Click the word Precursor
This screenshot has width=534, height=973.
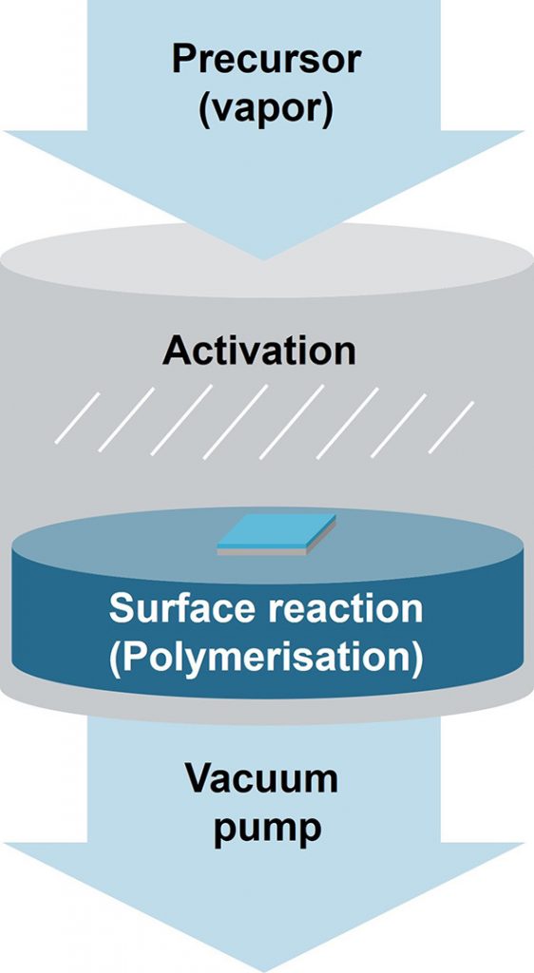click(267, 60)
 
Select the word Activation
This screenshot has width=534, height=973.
click(259, 351)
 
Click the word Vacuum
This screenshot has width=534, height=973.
click(261, 777)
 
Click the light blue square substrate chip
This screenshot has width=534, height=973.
click(277, 530)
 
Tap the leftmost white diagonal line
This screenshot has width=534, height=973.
click(77, 418)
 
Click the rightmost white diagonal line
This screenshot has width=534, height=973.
click(451, 427)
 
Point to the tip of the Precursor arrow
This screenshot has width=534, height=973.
click(265, 259)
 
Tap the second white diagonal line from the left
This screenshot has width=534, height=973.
click(126, 419)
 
